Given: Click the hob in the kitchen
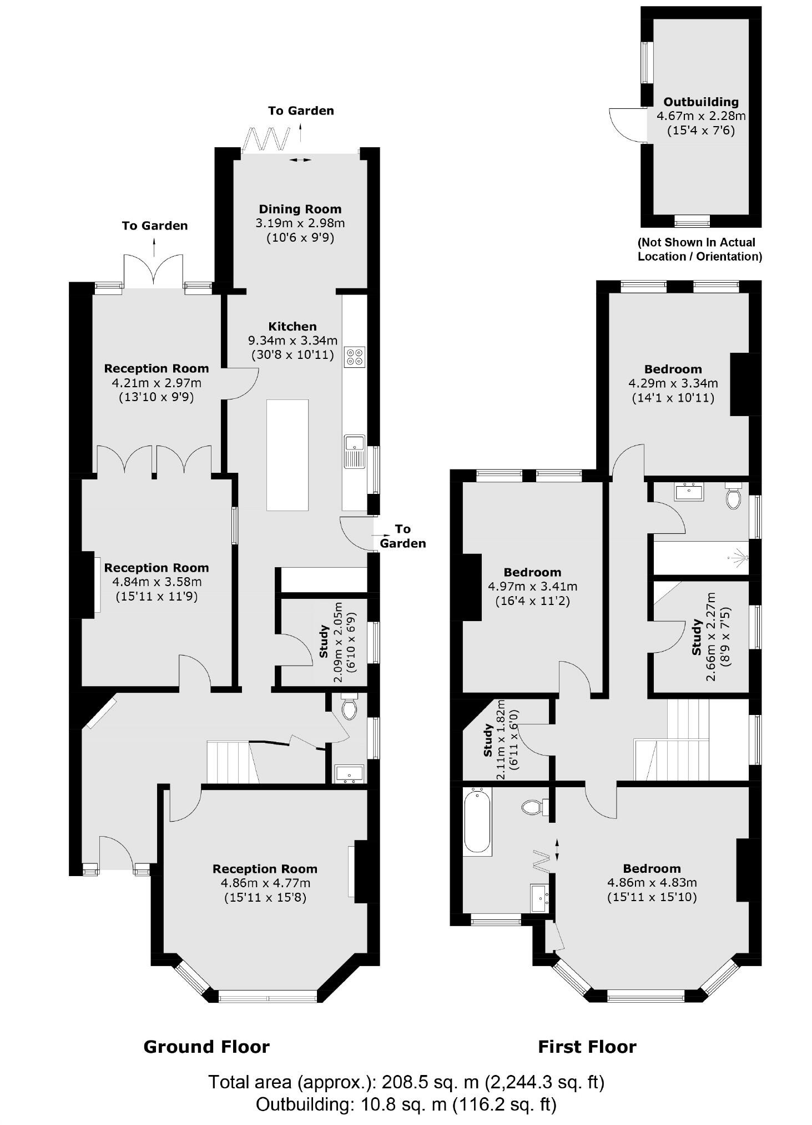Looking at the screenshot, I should click(x=355, y=357).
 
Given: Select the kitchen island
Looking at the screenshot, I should click(x=287, y=454).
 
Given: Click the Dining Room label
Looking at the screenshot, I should click(x=300, y=209).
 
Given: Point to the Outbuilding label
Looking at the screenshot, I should click(x=701, y=102).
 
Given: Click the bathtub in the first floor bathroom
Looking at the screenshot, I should click(x=477, y=821).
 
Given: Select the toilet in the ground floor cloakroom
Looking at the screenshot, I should click(x=349, y=708).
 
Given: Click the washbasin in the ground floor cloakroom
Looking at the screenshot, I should click(x=349, y=773).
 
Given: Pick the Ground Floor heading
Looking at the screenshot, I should click(x=206, y=1047).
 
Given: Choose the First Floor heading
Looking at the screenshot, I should click(x=587, y=1047).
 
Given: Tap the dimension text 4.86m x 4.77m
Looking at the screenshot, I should click(x=265, y=883).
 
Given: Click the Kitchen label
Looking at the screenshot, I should click(x=292, y=327).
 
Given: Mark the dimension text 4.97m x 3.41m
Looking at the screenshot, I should click(x=532, y=586).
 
